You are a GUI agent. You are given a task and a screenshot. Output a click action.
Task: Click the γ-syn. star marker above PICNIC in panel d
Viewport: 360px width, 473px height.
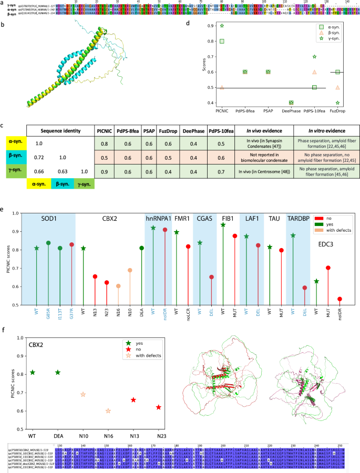click(x=222, y=26)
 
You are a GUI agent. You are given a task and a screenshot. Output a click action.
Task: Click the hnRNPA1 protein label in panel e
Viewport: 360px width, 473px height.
click(x=157, y=218)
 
